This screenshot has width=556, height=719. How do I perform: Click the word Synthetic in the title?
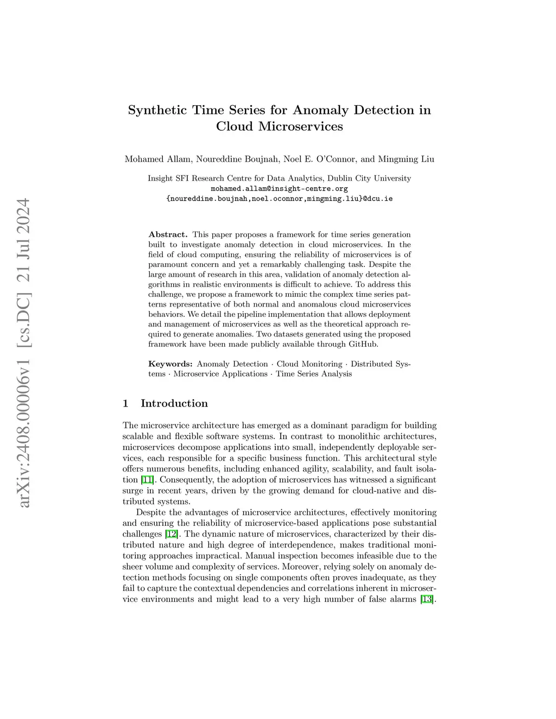click(x=157, y=110)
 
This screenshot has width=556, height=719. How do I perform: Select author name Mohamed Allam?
click(x=157, y=160)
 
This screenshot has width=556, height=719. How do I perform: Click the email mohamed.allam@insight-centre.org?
click(x=279, y=189)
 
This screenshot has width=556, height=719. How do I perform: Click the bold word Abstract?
click(x=168, y=234)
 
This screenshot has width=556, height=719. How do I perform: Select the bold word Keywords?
click(x=170, y=364)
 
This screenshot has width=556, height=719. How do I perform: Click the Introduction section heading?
click(x=174, y=403)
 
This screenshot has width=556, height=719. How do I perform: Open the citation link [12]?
click(x=172, y=534)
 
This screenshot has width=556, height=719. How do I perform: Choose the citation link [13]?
click(x=428, y=600)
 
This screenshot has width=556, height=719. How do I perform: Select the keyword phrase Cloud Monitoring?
click(x=309, y=364)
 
